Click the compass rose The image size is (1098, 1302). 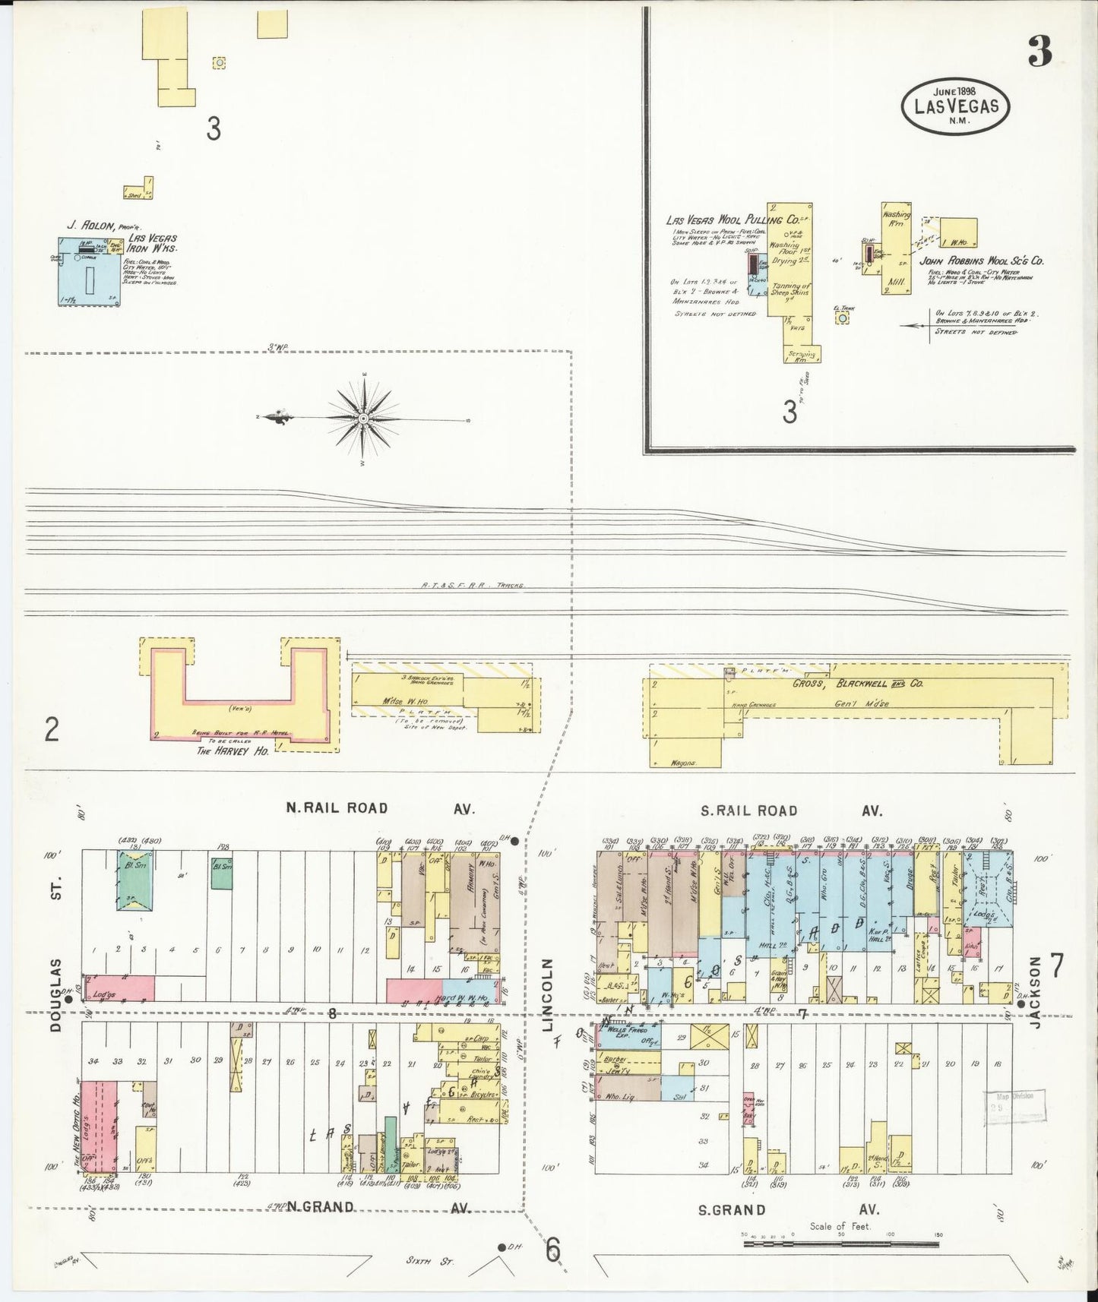[363, 418]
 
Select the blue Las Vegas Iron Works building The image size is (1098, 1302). [90, 271]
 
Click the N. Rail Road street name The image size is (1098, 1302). [337, 808]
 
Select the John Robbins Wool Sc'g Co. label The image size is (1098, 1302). [981, 261]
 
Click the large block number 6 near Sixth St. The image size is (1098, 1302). [554, 1248]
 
